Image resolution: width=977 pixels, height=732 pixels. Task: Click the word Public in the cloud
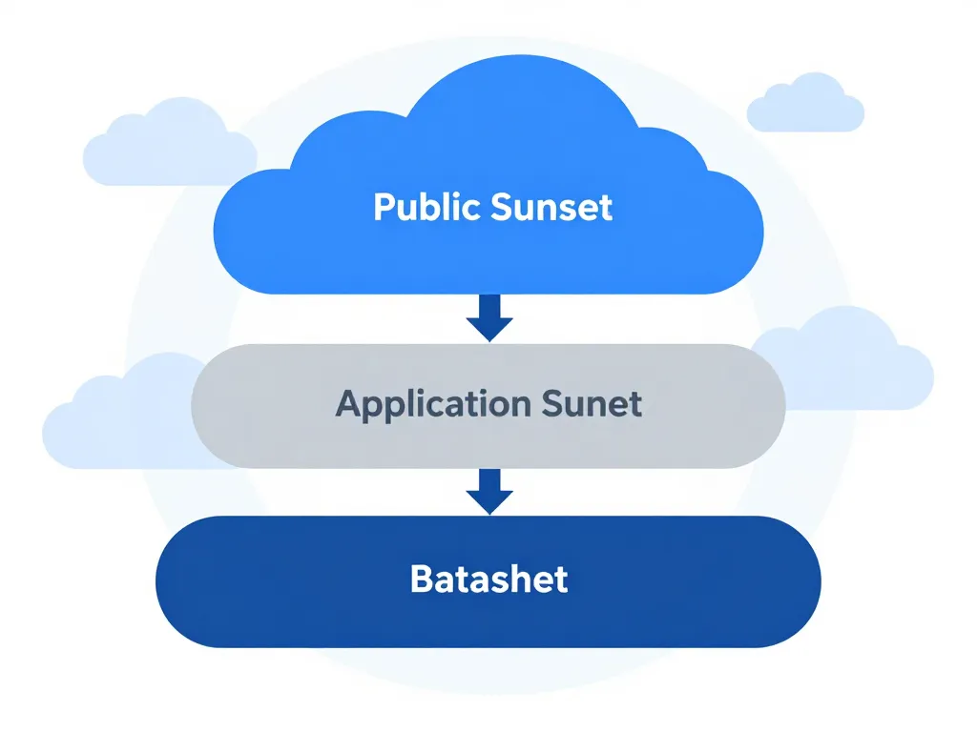427,207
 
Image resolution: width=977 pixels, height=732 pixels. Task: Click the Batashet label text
488,579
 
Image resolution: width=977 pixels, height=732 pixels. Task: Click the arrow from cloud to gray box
489,318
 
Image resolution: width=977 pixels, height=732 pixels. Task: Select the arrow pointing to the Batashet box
489,491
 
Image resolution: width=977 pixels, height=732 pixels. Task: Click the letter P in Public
383,207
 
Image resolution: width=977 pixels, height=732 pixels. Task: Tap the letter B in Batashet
421,579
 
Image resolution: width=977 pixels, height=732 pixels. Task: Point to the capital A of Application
348,403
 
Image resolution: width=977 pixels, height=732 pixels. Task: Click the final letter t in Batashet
561,579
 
